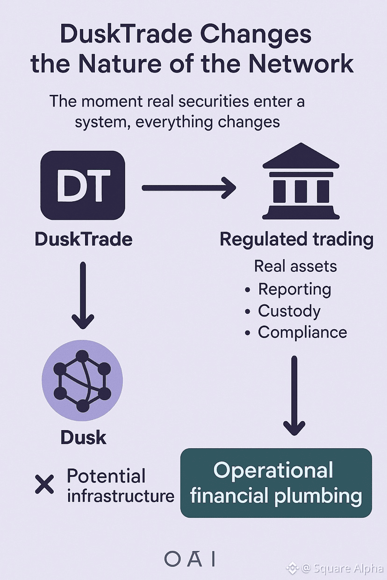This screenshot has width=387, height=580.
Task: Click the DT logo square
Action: point(83,185)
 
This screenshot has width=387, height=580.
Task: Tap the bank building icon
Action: point(301,182)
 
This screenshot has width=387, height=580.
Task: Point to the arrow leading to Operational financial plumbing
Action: point(294,395)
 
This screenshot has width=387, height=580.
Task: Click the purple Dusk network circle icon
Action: point(82,381)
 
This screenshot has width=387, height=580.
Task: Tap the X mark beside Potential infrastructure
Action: point(45,485)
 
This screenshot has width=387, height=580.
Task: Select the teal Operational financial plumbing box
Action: point(276,483)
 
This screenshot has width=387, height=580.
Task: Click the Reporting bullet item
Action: point(294,289)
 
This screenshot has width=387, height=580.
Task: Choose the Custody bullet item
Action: point(289,311)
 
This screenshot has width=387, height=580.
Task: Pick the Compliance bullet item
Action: point(302,332)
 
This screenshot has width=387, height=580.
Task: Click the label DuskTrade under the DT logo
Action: point(84,239)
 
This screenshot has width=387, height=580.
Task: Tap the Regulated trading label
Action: point(296,239)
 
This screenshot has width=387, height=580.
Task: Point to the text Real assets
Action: point(295,266)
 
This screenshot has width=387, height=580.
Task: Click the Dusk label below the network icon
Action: point(83,438)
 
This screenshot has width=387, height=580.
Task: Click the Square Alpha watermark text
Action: point(344,568)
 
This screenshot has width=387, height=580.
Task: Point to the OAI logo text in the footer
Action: point(190,559)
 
